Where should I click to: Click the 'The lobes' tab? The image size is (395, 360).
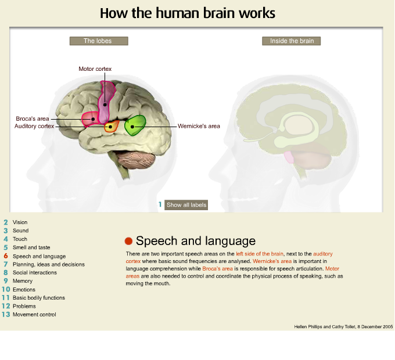click(x=98, y=41)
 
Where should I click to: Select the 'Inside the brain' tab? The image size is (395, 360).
click(x=292, y=41)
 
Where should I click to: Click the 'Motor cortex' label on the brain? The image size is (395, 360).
click(x=95, y=69)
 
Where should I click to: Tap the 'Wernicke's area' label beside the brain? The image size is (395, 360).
click(x=199, y=125)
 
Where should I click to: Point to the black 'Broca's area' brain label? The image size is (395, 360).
click(x=31, y=118)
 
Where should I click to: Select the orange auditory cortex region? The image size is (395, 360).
click(x=111, y=126)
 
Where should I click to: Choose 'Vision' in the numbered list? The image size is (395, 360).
click(x=20, y=222)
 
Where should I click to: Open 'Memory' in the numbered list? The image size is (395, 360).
click(x=23, y=281)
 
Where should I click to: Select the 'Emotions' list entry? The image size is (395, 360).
click(x=24, y=290)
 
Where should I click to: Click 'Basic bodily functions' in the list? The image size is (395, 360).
click(x=38, y=298)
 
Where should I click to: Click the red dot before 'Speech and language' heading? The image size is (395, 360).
click(x=129, y=241)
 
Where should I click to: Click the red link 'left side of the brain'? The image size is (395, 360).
click(x=260, y=254)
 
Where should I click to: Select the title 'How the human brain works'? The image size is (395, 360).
click(x=188, y=13)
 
